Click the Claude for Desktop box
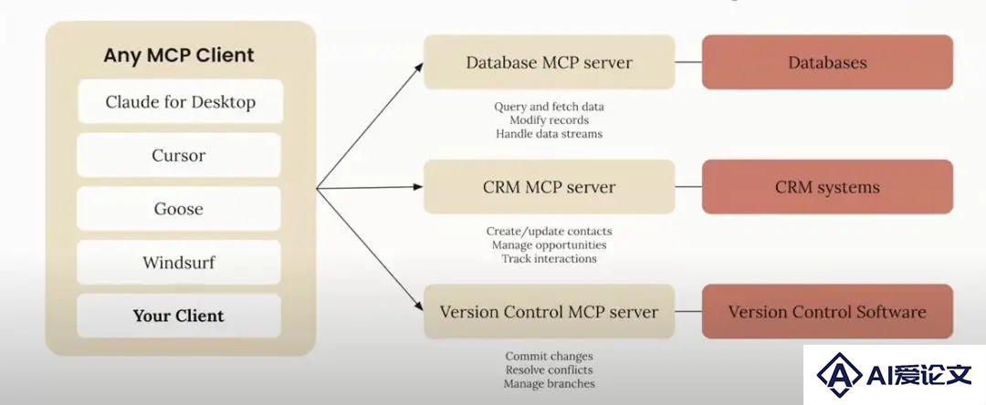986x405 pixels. pos(180,101)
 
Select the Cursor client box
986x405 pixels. pos(179,155)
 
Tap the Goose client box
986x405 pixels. pos(179,209)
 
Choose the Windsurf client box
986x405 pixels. pos(179,262)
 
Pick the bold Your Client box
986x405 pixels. pos(179,316)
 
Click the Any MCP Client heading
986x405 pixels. pos(179,56)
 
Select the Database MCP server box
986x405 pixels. pos(549,62)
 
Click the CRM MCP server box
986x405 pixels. pos(549,186)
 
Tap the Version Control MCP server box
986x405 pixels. pos(549,311)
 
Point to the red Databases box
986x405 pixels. pos(827,62)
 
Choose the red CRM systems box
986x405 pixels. pos(827,186)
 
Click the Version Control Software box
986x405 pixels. pos(827,311)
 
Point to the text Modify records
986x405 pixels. pos(549,119)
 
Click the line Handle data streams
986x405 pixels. pos(549,134)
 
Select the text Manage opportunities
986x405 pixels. pos(549,244)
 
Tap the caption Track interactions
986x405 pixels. pos(549,258)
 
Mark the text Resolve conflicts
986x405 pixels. pos(549,369)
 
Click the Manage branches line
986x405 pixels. pos(549,384)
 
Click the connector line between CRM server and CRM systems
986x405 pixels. pos(688,186)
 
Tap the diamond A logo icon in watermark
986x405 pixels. pos(840,374)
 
